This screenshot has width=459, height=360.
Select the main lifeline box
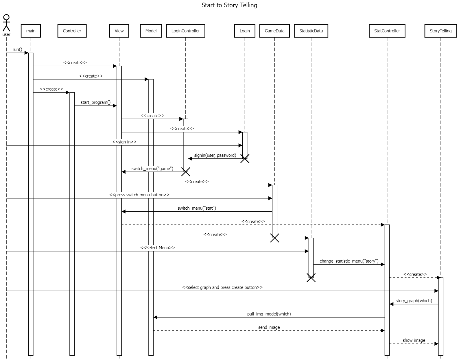[31, 31]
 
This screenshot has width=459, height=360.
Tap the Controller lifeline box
[72, 31]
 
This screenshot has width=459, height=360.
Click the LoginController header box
[185, 31]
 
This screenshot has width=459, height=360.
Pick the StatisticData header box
[311, 31]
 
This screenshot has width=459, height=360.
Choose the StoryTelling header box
[440, 31]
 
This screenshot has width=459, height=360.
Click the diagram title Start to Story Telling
[229, 5]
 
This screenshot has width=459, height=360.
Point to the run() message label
[17, 49]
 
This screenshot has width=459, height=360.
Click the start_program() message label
[95, 102]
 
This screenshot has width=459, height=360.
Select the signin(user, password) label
[215, 155]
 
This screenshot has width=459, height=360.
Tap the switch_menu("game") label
[152, 169]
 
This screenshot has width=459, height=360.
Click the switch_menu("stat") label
[197, 208]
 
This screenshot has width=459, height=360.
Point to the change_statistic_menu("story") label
[349, 261]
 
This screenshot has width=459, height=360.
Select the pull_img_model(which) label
[269, 314]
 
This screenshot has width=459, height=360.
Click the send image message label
[269, 327]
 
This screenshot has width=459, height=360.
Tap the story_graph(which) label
[414, 301]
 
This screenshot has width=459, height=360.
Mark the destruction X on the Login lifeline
[245, 158]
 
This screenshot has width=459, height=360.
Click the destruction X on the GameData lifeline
[274, 238]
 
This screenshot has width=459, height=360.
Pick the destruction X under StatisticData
[311, 278]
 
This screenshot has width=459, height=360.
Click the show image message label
[414, 340]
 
